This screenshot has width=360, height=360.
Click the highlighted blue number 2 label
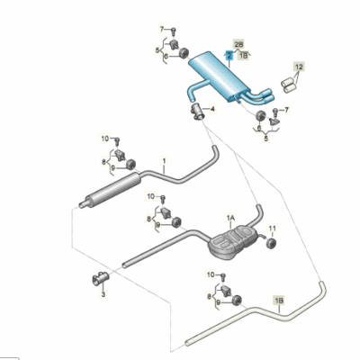point(229,55)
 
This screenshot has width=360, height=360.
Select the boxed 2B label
point(238,43)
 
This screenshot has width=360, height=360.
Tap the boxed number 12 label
point(299,67)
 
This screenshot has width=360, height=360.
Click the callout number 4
point(212,107)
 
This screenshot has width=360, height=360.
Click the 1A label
point(230,218)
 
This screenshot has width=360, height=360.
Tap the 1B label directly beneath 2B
point(243,55)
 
